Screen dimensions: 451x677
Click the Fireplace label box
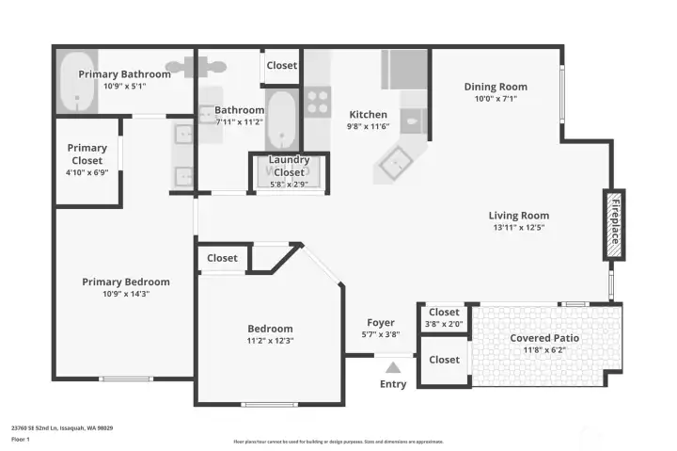pos(614,225)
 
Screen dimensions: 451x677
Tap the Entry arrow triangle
pos(393,368)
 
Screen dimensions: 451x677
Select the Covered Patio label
pos(544,338)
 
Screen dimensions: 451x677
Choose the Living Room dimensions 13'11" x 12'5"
pos(518,227)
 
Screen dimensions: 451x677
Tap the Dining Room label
pos(496,87)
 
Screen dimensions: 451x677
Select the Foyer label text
pos(380,323)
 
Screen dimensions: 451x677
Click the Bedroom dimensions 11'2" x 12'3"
pos(270,341)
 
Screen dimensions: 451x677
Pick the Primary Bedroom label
pos(126,282)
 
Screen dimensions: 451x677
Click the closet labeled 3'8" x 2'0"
pos(444,317)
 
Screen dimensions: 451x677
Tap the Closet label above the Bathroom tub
pos(281,66)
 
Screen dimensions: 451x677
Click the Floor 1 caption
pos(21,440)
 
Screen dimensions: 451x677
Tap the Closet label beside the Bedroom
pos(222,258)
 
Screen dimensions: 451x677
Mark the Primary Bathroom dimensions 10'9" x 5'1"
pos(124,86)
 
